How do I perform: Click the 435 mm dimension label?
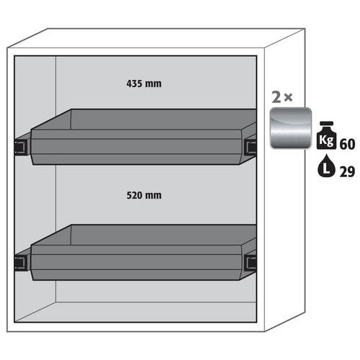[x=144, y=84]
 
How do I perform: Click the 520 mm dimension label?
[x=144, y=195]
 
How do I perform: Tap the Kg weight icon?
[x=326, y=135]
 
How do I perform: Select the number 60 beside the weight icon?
[x=347, y=144]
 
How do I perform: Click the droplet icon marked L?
[x=326, y=166]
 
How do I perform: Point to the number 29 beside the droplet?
[x=347, y=172]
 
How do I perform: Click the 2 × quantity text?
[x=282, y=97]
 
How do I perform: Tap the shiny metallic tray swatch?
[x=291, y=128]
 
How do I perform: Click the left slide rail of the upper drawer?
[x=22, y=146]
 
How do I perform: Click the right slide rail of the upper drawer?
[x=251, y=145]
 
